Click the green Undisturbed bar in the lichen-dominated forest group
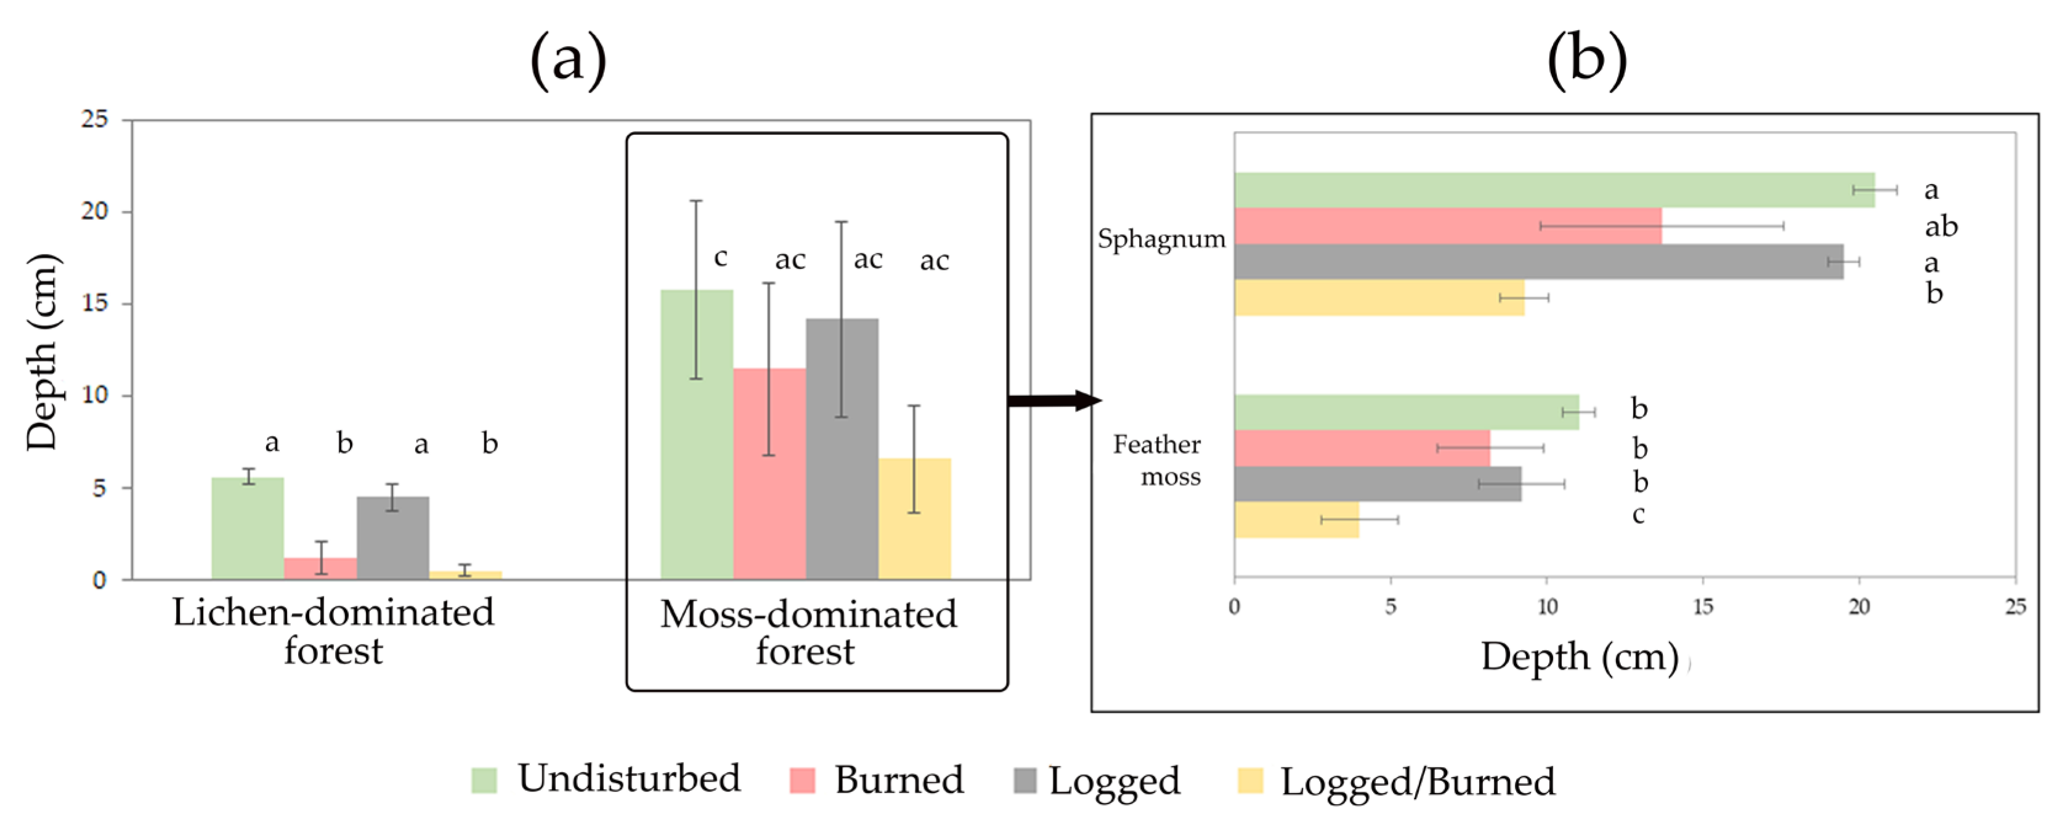(x=247, y=528)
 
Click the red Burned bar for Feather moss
(x=1361, y=448)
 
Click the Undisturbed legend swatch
(x=484, y=780)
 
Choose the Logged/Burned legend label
(x=1418, y=782)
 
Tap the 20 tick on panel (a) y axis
(x=94, y=212)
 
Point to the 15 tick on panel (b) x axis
(x=1703, y=606)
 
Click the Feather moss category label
(x=1158, y=460)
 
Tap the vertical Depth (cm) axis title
(x=42, y=352)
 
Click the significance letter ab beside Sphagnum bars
(x=1941, y=227)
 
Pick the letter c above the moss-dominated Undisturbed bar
(x=720, y=258)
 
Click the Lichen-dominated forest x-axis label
(x=333, y=631)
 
